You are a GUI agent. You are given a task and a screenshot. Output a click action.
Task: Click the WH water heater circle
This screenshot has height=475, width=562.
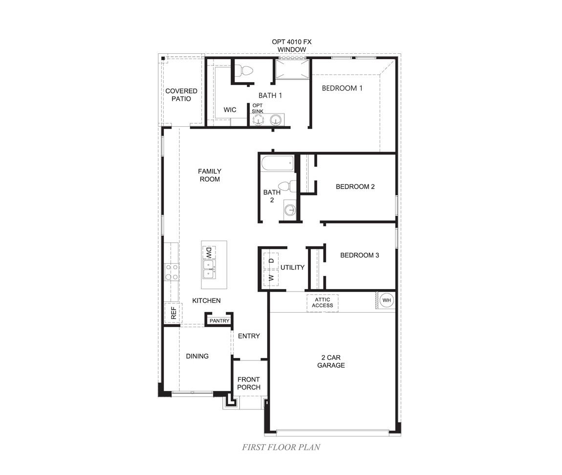point(387,300)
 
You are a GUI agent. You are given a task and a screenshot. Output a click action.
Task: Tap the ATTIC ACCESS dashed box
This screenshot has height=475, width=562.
point(323,303)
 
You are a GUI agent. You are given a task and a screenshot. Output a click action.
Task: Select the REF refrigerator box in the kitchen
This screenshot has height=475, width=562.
point(173,312)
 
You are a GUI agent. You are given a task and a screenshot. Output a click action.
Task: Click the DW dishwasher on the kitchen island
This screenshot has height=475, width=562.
point(208,252)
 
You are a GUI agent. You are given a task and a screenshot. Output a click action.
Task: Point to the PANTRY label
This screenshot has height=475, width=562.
point(219,321)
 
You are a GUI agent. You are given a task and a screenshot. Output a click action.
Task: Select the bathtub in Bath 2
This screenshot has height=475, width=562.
point(277,163)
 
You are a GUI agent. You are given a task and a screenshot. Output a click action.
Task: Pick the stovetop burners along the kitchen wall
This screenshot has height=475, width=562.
point(172,272)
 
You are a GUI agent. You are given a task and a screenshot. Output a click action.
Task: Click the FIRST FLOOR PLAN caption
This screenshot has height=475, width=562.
point(281,447)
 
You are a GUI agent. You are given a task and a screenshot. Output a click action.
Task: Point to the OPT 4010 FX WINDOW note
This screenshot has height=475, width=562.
point(292,45)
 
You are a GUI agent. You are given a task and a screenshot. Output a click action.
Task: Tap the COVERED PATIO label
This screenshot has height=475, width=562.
point(181,95)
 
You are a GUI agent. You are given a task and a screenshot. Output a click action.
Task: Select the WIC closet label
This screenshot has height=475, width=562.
point(230,110)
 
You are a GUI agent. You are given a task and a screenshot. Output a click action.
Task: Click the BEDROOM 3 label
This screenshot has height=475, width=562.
point(360,255)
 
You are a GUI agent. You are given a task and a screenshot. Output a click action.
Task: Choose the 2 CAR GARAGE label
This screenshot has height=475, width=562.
point(331,362)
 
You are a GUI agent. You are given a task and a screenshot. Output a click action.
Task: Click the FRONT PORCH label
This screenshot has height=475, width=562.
point(249,383)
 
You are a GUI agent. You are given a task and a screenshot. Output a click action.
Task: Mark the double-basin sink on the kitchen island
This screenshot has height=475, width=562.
point(209,269)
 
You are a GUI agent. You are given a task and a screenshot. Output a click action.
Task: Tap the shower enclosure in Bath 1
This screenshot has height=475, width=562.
point(292,69)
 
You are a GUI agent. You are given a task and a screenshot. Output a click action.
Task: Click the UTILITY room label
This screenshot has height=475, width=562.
point(292,268)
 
